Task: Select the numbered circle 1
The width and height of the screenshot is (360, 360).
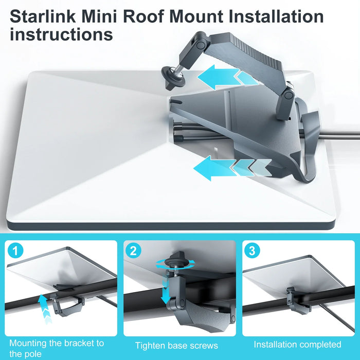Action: point(16,251)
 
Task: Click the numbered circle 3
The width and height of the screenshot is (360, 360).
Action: point(252,251)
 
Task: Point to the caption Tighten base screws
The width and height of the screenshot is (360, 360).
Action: point(177,346)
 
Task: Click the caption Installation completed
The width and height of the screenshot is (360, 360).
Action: point(297,344)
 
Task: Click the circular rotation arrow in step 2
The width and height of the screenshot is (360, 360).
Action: point(175,262)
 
